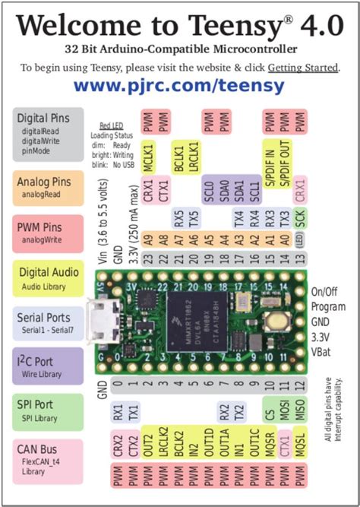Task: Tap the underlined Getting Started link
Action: (302, 67)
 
